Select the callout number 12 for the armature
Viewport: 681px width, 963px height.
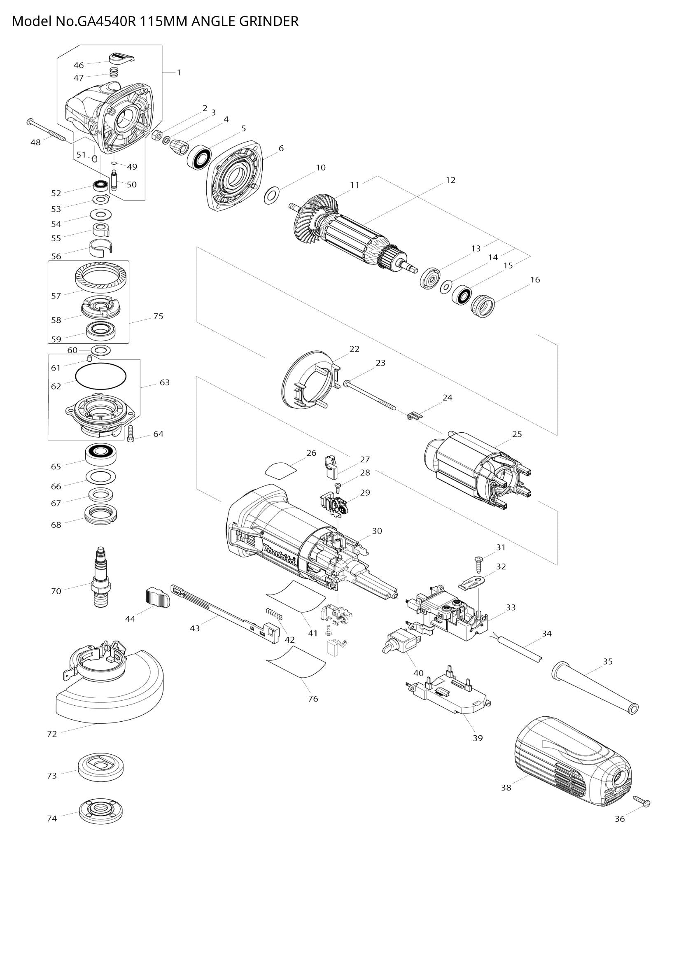[450, 180]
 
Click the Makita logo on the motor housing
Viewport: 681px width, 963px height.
[280, 555]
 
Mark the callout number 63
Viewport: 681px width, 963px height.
[164, 382]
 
